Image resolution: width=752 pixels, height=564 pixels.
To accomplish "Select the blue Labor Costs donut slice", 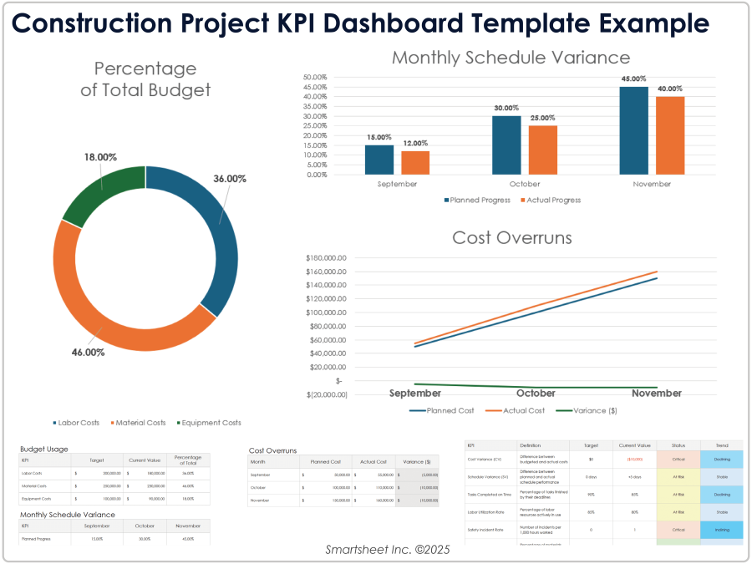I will (213, 234).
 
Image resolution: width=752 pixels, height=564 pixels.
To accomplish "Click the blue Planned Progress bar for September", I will (379, 160).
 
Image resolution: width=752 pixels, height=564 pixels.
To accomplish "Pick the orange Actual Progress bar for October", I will (542, 150).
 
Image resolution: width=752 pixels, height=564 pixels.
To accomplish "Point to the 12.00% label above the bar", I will (414, 143).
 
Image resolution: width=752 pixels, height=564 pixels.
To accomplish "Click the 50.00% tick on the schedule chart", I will (314, 78).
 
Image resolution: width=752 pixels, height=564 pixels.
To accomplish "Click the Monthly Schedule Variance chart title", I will (511, 58).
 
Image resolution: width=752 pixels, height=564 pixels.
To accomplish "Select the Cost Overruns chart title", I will (511, 237).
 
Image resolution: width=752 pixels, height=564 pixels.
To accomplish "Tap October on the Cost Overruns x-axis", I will (536, 393).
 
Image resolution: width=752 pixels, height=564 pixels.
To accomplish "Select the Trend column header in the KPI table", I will (722, 446).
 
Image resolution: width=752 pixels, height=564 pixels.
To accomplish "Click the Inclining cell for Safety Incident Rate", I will (722, 530).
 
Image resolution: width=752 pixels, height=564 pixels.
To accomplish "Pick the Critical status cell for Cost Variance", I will (678, 459).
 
